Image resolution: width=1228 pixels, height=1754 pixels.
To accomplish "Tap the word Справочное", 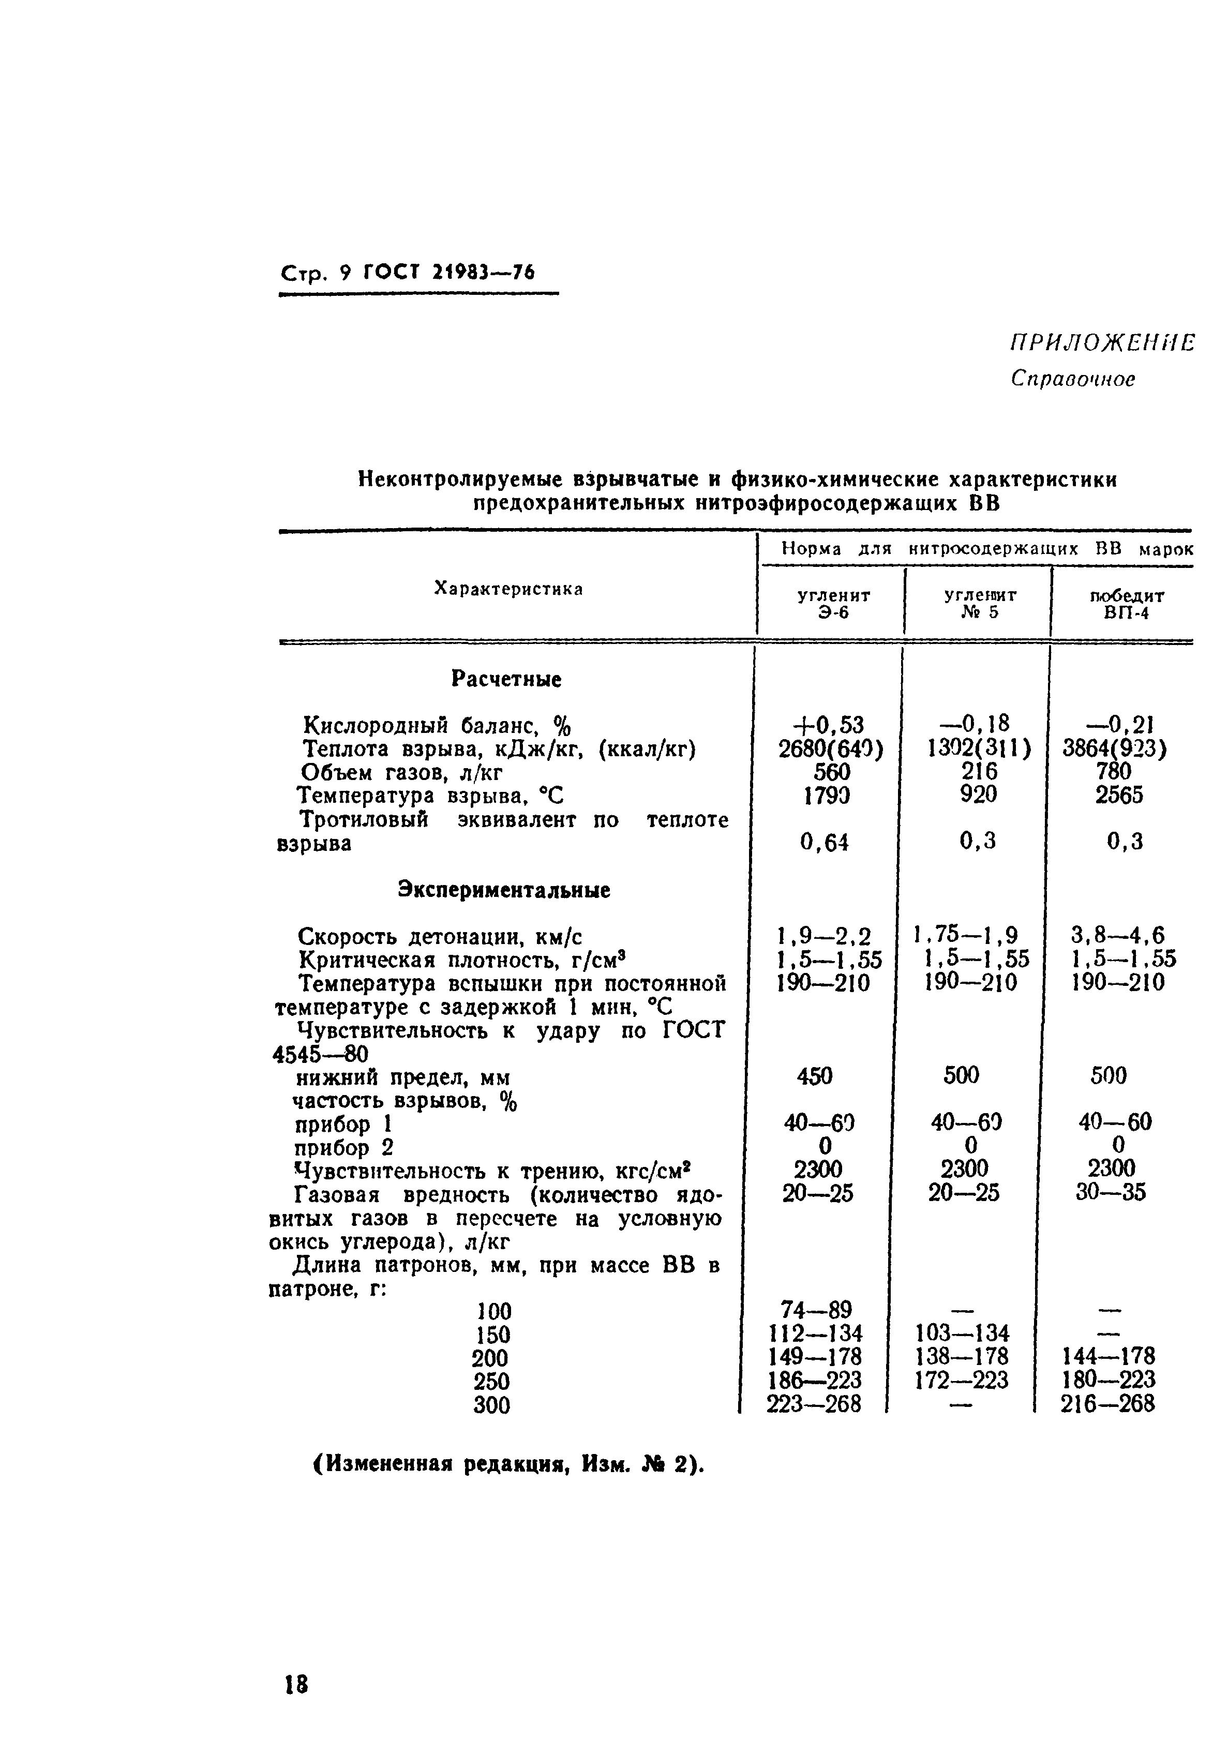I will pyautogui.click(x=1072, y=379).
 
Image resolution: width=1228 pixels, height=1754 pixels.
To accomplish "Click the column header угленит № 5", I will pyautogui.click(x=980, y=603).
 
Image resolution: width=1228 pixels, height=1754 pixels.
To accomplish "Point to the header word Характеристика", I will pyautogui.click(x=508, y=588).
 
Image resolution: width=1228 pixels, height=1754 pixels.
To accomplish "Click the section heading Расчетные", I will pyautogui.click(x=506, y=679).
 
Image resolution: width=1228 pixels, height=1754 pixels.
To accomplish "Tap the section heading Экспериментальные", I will pyautogui.click(x=504, y=891).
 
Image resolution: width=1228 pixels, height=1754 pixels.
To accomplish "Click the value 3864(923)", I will pyautogui.click(x=1115, y=748).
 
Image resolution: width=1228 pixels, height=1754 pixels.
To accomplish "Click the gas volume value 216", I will pyautogui.click(x=979, y=772).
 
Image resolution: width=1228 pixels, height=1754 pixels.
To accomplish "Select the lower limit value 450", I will pyautogui.click(x=814, y=1076).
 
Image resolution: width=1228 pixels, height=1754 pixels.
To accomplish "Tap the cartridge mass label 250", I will pyautogui.click(x=491, y=1381).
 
